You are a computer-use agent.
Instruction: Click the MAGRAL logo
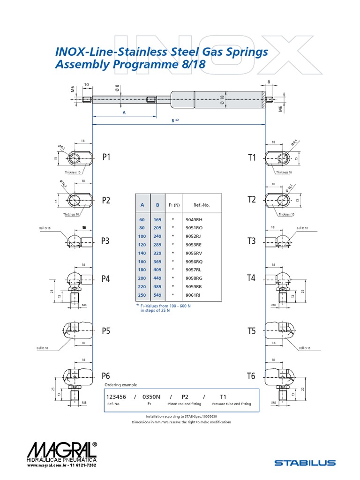coord(62,454)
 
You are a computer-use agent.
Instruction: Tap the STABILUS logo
coord(305,463)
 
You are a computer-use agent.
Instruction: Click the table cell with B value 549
coord(157,295)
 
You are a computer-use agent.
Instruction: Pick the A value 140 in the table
coord(142,253)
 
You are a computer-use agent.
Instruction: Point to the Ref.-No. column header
coord(201,205)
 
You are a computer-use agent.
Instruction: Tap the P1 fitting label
coord(106,157)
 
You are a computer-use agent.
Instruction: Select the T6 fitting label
coord(251,376)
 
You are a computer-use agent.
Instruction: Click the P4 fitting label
coord(106,278)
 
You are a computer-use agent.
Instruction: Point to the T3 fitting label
coord(252,241)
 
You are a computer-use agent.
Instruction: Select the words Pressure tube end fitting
coord(232,404)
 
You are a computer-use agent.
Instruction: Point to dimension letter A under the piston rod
coord(124,113)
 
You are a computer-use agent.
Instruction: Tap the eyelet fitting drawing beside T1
coord(280,158)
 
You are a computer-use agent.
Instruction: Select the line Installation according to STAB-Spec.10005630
coord(181,416)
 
